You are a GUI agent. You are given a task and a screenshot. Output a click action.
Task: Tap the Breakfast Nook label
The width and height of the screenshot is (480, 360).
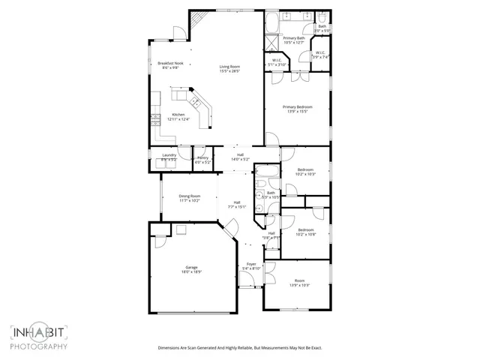tap(169, 64)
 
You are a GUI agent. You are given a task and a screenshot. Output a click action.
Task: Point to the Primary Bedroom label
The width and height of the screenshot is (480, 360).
tap(297, 107)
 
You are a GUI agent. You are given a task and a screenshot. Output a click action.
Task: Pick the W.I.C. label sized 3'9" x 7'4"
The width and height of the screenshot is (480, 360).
tap(321, 52)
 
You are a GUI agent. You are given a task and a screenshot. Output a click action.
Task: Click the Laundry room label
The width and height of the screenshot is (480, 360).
tap(169, 155)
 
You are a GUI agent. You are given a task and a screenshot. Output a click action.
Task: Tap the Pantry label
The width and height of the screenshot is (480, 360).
tap(202, 157)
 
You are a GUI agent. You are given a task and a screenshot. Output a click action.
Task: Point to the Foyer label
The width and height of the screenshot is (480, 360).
tap(251, 265)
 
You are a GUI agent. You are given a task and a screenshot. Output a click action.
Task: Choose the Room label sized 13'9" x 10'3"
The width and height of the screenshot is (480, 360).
tap(299, 280)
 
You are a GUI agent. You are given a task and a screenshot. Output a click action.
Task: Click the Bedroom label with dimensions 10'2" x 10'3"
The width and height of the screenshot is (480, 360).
tap(305, 170)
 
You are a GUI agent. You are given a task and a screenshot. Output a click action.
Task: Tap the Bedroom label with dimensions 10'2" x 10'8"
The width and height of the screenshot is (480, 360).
tap(305, 229)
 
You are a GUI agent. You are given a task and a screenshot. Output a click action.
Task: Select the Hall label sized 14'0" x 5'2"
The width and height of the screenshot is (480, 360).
tap(239, 156)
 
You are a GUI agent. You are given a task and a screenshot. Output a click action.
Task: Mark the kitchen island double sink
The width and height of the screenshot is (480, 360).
tap(193, 101)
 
